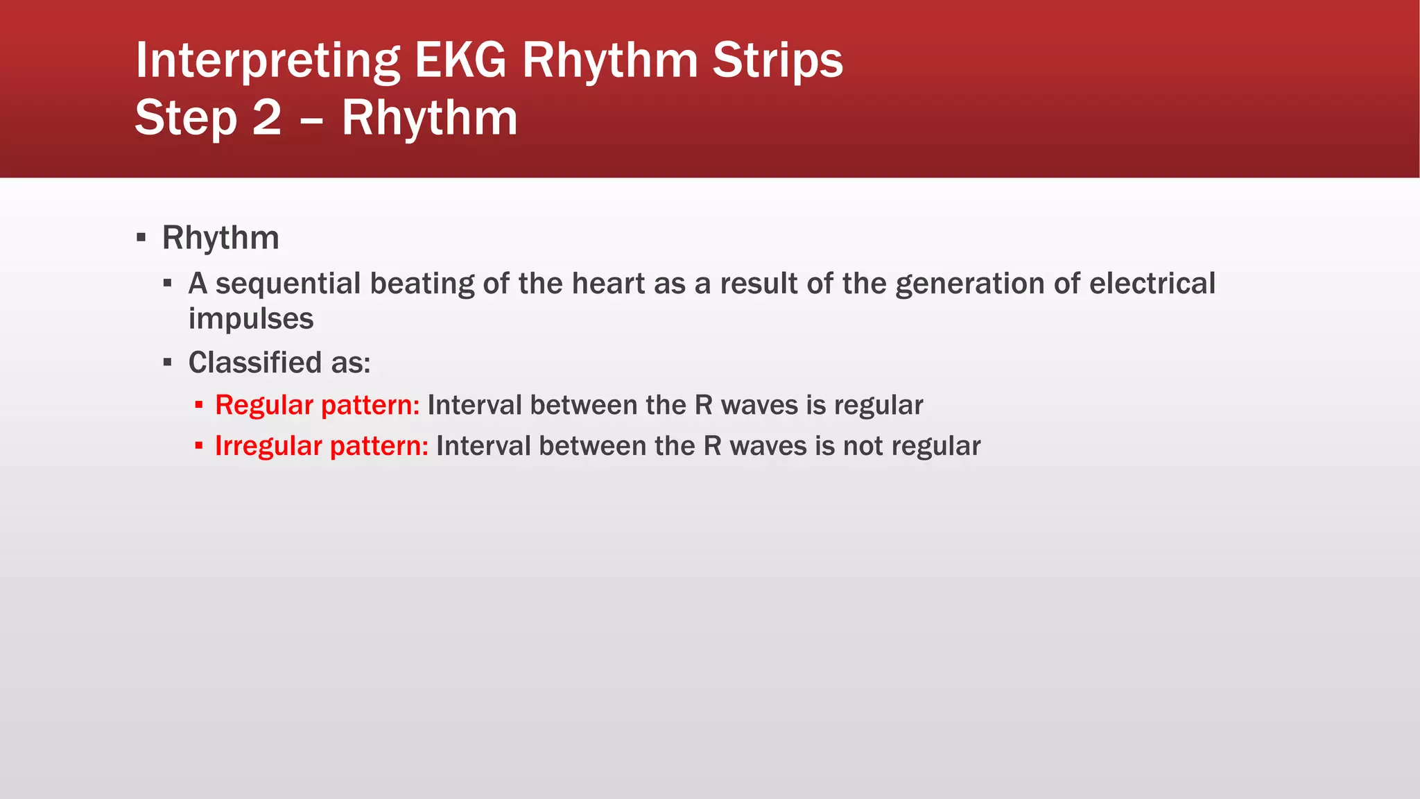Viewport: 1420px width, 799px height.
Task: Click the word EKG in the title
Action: point(460,60)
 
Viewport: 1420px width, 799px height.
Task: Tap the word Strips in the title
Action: point(777,60)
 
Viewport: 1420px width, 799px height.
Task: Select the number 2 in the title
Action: point(267,118)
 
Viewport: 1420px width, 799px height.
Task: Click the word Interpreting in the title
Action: point(268,60)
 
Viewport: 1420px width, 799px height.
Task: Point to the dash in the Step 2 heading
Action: point(312,119)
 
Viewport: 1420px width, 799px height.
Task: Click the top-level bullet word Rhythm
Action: point(220,238)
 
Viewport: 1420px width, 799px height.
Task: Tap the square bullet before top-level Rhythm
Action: point(141,238)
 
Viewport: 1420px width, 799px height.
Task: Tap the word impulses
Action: point(251,319)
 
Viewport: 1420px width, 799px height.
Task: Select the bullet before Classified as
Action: point(167,363)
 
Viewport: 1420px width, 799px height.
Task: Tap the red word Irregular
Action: point(268,446)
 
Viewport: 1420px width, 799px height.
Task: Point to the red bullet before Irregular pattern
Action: point(199,446)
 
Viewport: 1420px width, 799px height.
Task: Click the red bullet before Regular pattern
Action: point(199,405)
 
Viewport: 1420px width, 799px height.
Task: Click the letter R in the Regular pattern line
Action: point(703,406)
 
